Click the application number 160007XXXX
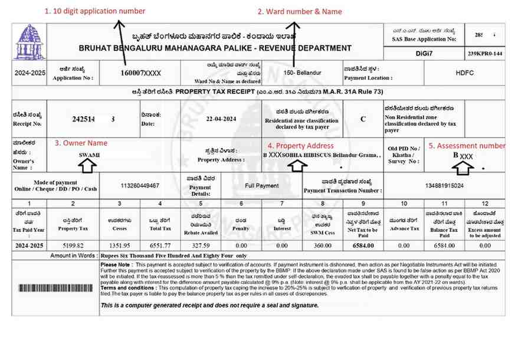[x=140, y=73]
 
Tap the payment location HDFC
[x=464, y=73]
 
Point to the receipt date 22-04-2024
[x=221, y=119]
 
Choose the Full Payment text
[x=262, y=185]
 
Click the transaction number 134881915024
[x=444, y=186]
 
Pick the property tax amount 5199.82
[x=73, y=246]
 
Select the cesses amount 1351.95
[x=119, y=246]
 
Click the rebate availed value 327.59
[x=201, y=246]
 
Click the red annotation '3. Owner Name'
[x=81, y=143]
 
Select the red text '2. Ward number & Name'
[x=300, y=11]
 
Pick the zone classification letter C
[x=363, y=119]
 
